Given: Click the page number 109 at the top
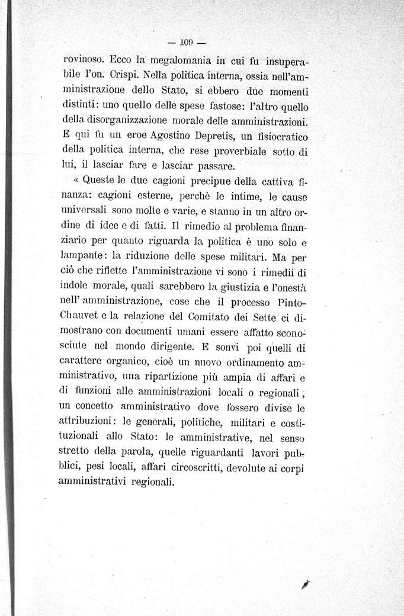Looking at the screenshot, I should pyautogui.click(x=186, y=43).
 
